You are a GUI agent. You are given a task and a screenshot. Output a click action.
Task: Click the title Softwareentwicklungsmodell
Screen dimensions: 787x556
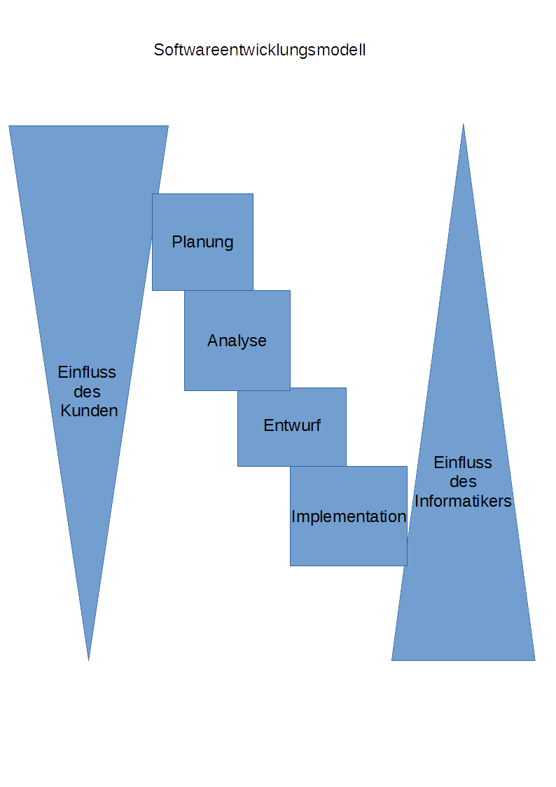260,50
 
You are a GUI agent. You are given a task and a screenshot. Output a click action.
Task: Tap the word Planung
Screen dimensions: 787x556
202,242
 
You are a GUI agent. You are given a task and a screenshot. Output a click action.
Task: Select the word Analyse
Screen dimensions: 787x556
237,341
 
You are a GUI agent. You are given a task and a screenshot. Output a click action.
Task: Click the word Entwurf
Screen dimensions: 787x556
292,425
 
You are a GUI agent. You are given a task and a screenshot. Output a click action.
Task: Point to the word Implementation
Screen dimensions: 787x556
349,517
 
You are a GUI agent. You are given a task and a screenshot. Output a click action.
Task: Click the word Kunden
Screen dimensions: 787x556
89,411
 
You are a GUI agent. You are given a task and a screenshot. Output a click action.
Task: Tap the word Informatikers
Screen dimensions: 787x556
463,502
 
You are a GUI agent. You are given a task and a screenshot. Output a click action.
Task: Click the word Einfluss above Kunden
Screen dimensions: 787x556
87,372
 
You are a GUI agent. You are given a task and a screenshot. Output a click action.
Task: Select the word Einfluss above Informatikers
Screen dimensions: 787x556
463,463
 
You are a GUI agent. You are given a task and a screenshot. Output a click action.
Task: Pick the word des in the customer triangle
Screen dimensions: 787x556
87,392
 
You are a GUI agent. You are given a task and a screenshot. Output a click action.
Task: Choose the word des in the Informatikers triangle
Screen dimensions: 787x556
463,482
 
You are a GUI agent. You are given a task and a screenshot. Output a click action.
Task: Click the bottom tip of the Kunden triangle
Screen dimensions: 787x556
88,660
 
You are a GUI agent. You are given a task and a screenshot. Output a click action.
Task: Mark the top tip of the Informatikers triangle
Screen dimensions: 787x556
463,124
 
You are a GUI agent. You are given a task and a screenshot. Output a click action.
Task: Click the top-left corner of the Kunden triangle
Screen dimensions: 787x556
9,126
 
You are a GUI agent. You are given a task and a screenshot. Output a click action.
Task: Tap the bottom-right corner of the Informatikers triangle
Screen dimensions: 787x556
535,660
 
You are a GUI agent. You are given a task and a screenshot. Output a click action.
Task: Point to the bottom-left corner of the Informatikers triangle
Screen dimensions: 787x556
391,660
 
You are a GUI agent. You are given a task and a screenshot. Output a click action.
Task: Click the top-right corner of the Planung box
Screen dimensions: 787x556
253,194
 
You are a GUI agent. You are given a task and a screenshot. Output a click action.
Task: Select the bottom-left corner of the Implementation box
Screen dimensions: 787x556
291,566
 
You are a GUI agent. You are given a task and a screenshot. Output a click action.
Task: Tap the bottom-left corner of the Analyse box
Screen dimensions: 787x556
185,390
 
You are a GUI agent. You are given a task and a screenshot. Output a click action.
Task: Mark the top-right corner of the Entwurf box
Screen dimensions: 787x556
346,388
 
